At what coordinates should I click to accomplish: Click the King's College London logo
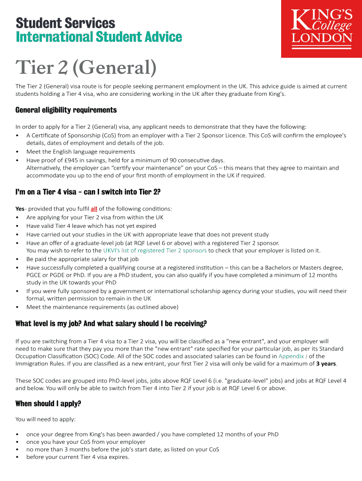[321, 29]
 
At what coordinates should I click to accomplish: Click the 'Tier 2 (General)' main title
[86, 69]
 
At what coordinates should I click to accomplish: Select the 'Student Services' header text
[65, 23]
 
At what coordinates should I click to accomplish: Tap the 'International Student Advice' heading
[99, 37]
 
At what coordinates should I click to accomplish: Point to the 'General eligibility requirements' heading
[66, 110]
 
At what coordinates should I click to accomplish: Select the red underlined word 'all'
[94, 209]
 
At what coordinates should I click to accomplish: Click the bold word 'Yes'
[20, 209]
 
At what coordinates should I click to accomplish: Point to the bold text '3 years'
[326, 364]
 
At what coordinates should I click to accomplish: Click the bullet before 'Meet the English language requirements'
[17, 152]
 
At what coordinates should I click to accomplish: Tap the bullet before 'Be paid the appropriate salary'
[17, 259]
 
